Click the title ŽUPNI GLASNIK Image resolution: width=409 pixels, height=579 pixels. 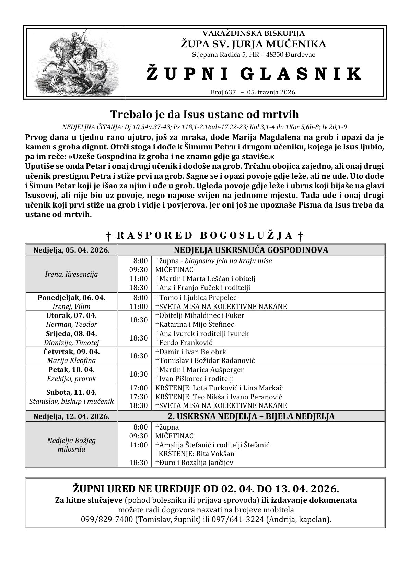(254, 74)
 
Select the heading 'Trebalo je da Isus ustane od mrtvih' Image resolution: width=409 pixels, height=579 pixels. (204, 114)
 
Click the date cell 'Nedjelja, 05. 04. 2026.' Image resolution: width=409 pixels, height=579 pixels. (71, 250)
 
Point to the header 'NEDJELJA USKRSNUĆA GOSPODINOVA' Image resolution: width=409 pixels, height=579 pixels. (251, 250)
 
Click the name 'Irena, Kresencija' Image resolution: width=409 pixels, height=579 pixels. (71, 274)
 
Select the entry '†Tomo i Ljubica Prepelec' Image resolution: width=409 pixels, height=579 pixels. (196, 298)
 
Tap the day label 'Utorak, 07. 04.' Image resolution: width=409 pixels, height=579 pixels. (71, 315)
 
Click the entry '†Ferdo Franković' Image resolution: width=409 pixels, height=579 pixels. (184, 343)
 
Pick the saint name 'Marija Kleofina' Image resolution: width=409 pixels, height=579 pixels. (71, 360)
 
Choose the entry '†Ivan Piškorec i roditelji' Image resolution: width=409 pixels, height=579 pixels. (195, 379)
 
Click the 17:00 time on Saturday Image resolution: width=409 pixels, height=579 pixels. (139, 388)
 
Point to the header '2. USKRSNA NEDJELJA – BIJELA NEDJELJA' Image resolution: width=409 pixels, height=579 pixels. (251, 416)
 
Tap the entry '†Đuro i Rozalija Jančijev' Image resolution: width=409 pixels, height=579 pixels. (194, 463)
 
